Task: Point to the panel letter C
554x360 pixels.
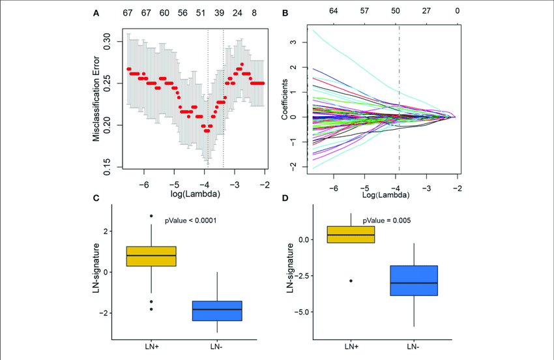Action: click(96, 198)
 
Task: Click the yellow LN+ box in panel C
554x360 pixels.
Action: click(151, 256)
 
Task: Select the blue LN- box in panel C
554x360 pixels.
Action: click(216, 310)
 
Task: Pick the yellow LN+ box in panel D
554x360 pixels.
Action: click(351, 234)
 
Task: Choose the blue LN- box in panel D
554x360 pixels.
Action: click(414, 280)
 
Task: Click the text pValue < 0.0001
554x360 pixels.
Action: click(190, 221)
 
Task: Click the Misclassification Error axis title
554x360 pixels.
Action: click(96, 98)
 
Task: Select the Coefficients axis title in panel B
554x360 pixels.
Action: click(285, 98)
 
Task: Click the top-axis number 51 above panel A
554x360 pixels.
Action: click(200, 13)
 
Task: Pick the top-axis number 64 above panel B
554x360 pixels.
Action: click(334, 11)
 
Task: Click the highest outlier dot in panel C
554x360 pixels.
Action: click(151, 216)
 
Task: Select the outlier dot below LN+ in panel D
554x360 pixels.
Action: click(351, 280)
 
